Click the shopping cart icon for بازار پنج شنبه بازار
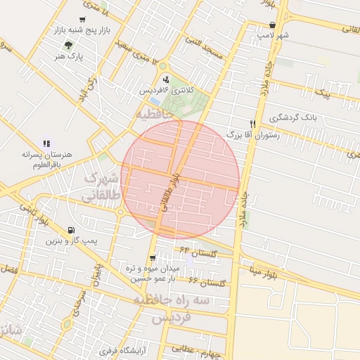84,20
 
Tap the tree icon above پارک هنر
68,44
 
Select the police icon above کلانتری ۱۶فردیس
166,79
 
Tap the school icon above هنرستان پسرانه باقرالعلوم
46,143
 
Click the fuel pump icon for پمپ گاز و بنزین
70,230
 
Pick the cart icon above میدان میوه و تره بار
153,258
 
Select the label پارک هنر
70,56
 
